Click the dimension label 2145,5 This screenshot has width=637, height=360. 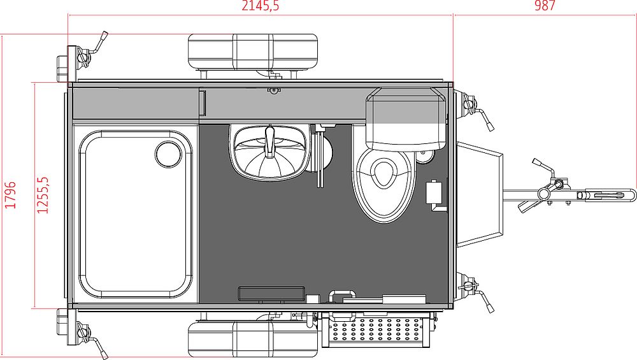point(261,6)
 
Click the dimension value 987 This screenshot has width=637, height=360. point(545,6)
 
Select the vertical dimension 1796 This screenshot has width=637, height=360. point(11,195)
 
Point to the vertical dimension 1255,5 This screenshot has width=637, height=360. point(43,195)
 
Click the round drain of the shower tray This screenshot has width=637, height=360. point(168,154)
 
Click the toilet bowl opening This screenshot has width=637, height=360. point(383,173)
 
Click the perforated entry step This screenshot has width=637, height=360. point(375,329)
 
